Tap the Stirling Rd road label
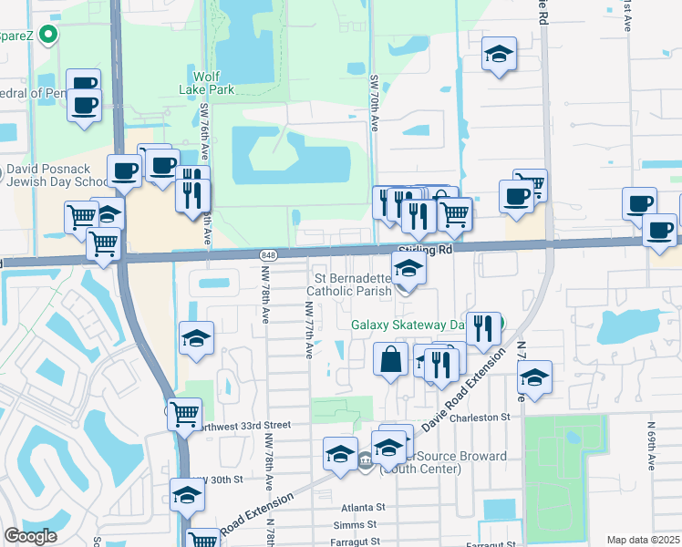pyautogui.click(x=426, y=249)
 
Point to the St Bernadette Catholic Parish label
pyautogui.click(x=353, y=284)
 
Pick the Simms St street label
pyautogui.click(x=356, y=524)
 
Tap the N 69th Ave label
pyautogui.click(x=651, y=447)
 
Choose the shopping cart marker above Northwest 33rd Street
pyautogui.click(x=185, y=414)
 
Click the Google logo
pyautogui.click(x=30, y=536)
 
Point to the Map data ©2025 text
pyautogui.click(x=643, y=540)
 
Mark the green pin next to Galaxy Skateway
pyautogui.click(x=501, y=325)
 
